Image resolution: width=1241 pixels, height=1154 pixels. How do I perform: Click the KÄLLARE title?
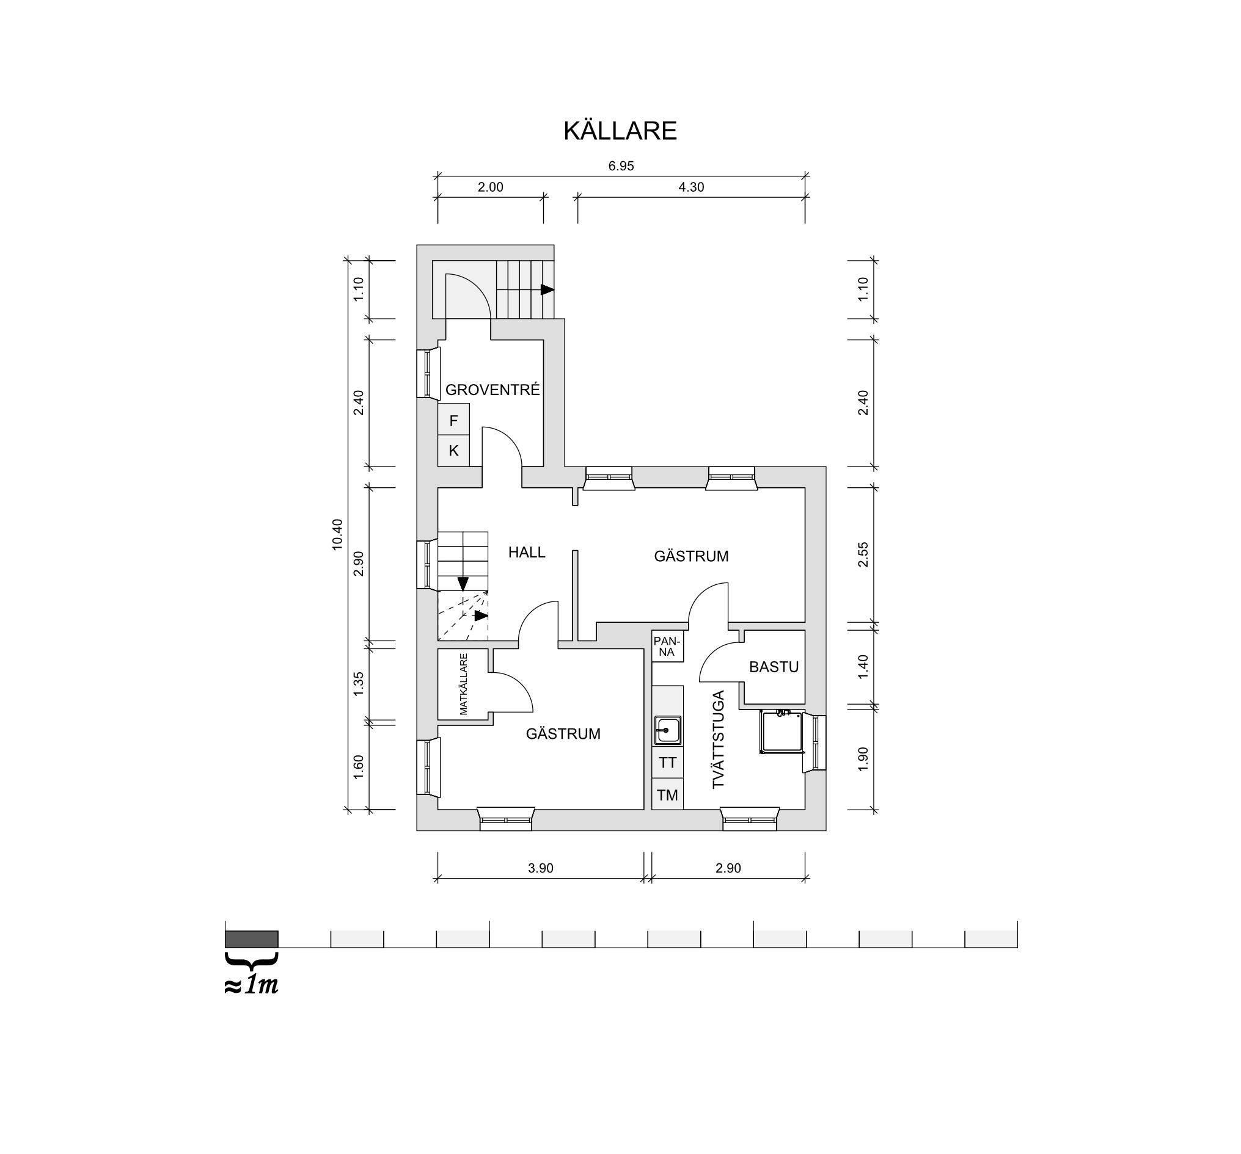click(620, 131)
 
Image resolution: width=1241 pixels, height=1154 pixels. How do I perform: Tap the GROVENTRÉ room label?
click(492, 390)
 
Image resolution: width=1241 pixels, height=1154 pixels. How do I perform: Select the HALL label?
click(526, 552)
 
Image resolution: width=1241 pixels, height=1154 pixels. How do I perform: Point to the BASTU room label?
click(774, 667)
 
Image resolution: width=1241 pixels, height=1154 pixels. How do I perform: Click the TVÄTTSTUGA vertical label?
click(719, 739)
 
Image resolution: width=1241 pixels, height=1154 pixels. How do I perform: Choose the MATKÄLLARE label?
click(463, 684)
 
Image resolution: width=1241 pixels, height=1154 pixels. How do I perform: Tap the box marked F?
click(454, 421)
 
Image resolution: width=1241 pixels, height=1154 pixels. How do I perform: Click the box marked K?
click(454, 451)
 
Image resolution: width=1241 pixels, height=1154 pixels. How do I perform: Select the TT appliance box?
click(667, 763)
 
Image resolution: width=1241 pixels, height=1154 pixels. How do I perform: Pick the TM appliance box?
click(667, 796)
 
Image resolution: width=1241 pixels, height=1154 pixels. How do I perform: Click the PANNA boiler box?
click(667, 646)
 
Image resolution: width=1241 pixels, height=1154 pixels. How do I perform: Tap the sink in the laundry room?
click(667, 730)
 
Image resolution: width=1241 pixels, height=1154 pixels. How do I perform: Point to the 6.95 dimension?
click(621, 166)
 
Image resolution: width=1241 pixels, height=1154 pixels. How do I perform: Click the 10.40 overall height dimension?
click(338, 535)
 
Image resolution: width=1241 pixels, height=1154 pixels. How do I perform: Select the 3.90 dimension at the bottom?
click(541, 868)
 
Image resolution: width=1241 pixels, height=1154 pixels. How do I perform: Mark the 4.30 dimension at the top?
click(691, 187)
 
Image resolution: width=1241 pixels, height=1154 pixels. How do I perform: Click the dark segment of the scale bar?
click(252, 939)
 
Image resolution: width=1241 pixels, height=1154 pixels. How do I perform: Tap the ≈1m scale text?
click(252, 985)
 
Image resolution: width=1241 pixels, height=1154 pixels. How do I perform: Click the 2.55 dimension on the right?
click(863, 554)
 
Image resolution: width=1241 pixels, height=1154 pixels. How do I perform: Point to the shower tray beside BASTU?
click(781, 732)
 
